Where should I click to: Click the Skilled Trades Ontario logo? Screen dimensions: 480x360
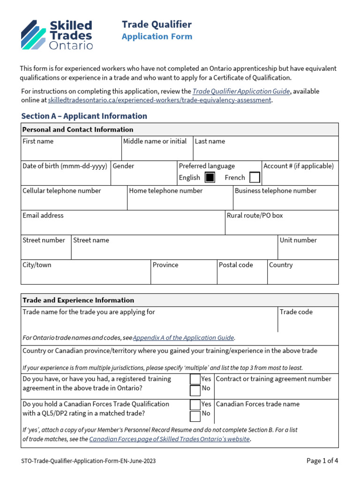click(x=57, y=35)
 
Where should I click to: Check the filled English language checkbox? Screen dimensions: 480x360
click(x=210, y=178)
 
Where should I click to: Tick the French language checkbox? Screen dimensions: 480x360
click(x=255, y=178)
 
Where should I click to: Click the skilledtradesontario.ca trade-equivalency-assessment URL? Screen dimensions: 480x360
click(x=159, y=100)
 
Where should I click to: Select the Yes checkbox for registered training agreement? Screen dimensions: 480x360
click(x=195, y=379)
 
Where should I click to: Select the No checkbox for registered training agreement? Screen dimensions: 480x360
click(x=195, y=390)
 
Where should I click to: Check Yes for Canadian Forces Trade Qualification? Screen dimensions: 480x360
click(x=195, y=405)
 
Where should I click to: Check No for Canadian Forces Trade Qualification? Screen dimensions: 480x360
click(x=195, y=416)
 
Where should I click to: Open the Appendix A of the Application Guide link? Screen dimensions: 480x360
click(x=184, y=337)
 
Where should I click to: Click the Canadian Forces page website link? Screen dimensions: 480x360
click(x=169, y=439)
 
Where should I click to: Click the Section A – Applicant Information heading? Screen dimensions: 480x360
click(x=84, y=116)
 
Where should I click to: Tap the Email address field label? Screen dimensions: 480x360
click(x=43, y=216)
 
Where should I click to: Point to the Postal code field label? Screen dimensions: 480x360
click(x=236, y=265)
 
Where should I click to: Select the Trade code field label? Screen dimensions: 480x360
click(x=296, y=312)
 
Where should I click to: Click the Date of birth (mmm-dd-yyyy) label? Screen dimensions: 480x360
click(x=65, y=166)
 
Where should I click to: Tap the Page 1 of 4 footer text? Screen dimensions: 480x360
click(x=322, y=461)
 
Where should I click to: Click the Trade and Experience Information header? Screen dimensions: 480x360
click(x=78, y=300)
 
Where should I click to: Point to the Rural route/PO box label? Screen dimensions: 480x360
click(x=255, y=216)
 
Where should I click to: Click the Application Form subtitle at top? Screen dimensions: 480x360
click(x=157, y=37)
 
